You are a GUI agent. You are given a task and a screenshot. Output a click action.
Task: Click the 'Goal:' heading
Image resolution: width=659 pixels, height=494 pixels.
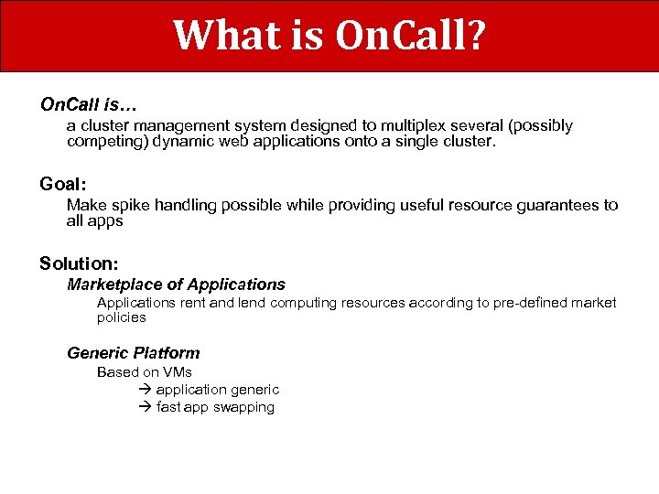tap(63, 184)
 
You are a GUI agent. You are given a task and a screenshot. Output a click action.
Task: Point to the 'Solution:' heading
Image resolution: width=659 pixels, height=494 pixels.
tap(79, 263)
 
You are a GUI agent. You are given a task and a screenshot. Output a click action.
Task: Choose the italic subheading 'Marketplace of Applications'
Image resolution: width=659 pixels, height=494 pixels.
tap(176, 285)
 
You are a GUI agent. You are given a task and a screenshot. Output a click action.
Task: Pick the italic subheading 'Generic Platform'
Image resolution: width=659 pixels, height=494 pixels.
tap(133, 352)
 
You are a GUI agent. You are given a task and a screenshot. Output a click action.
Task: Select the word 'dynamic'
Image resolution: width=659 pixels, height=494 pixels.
tap(184, 142)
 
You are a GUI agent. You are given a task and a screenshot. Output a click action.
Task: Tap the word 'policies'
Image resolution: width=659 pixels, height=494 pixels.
tap(121, 317)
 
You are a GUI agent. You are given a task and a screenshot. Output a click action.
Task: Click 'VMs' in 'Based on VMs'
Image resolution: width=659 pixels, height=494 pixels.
tap(177, 371)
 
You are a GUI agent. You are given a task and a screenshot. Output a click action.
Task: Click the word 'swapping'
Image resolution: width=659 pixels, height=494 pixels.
tap(243, 407)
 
